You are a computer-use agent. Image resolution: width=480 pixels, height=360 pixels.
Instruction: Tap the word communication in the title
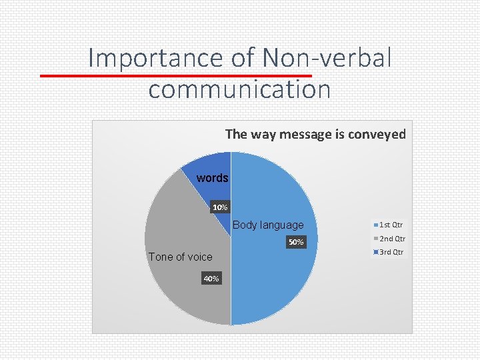[239, 89]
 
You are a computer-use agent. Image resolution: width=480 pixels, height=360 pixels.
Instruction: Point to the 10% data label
[220, 208]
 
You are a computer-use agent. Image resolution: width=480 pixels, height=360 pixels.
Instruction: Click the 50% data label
[295, 242]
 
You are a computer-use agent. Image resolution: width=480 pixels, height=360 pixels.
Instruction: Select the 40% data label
[211, 279]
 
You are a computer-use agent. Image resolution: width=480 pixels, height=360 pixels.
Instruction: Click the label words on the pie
[212, 178]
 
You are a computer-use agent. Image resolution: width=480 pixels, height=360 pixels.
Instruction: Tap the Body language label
[268, 225]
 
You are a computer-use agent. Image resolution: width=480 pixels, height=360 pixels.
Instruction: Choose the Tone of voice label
[181, 257]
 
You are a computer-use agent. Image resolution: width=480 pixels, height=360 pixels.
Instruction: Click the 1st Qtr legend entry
[390, 225]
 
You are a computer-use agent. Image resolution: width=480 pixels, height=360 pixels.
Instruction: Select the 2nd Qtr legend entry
[391, 239]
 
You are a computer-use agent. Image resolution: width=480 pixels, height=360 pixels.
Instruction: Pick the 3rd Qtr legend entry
[391, 252]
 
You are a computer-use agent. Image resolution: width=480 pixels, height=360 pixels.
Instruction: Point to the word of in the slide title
[244, 59]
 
